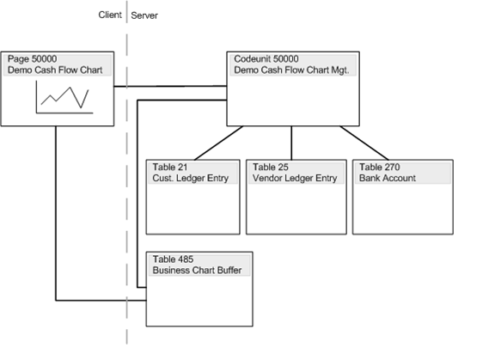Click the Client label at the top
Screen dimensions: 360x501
109,15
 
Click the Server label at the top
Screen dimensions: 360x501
144,15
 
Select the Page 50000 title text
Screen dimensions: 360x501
31,58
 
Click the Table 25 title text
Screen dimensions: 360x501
271,167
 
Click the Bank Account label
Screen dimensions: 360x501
388,178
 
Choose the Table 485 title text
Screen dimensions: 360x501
172,259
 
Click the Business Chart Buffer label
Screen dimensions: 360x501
197,270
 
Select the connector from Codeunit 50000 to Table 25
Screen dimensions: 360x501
292,143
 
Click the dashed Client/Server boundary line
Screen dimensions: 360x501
127,215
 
